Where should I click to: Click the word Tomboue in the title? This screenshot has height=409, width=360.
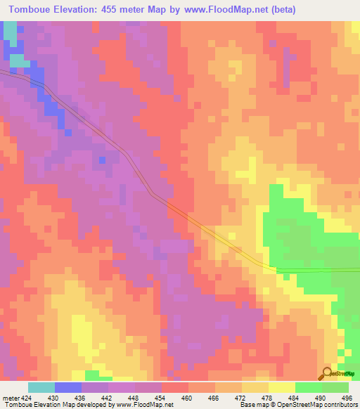(34, 9)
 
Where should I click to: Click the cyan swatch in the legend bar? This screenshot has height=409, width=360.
(41, 388)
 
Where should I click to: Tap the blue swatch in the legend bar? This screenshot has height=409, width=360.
(68, 388)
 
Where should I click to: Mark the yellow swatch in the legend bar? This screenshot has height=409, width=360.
(281, 388)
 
